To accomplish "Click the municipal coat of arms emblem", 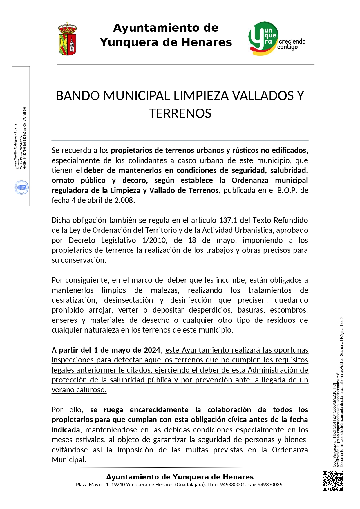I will (x=68, y=39).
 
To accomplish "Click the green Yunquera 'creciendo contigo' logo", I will (x=276, y=39).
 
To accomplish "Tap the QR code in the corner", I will (x=333, y=481).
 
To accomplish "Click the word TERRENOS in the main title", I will (x=180, y=113).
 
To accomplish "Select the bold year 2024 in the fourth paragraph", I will (x=152, y=350).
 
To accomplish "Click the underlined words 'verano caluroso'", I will (x=79, y=390).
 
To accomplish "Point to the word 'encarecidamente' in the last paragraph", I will (x=159, y=410).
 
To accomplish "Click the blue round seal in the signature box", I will (x=21, y=187).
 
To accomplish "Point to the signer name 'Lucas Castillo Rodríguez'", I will (x=15, y=147).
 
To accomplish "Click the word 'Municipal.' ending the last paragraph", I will (x=69, y=460).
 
